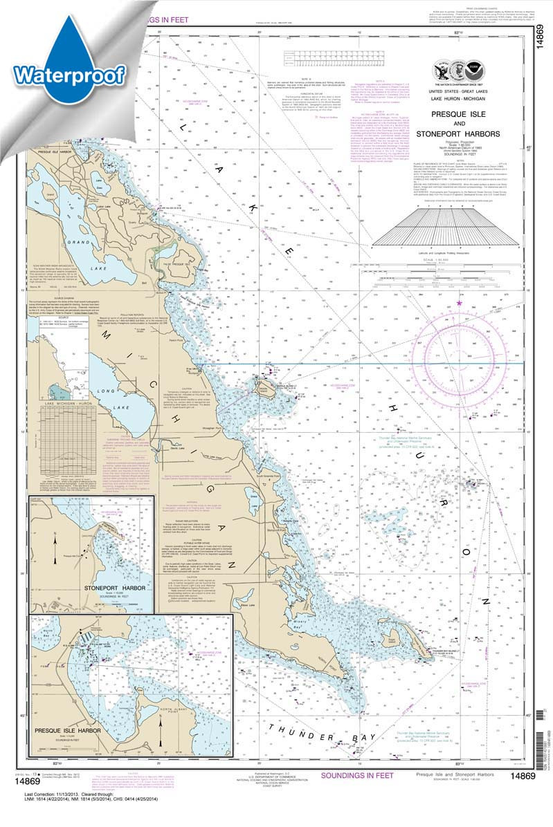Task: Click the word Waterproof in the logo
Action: pos(69,72)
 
